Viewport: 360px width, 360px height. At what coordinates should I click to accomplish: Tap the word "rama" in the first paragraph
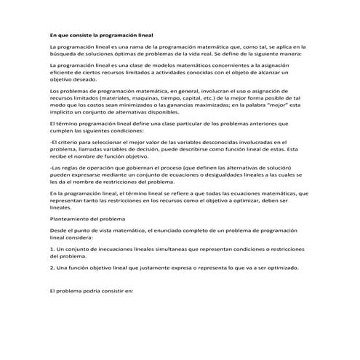coord(139,46)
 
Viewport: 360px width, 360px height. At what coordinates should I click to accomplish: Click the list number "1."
coord(52,249)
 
